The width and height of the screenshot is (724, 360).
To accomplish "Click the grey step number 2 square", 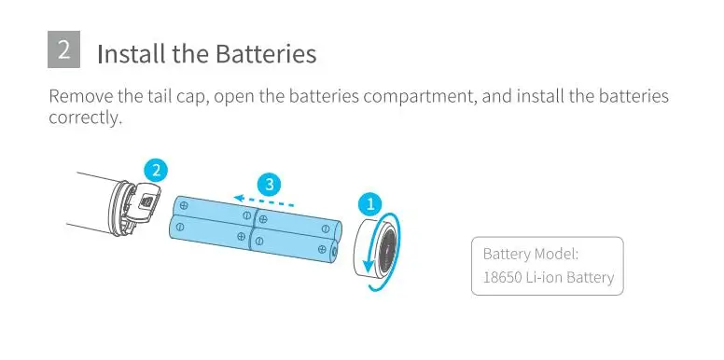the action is [63, 49].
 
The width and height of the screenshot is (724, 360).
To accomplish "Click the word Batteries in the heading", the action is [266, 54].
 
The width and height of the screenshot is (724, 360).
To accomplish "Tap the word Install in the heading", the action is [132, 54].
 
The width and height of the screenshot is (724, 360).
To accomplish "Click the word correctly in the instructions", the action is [84, 118].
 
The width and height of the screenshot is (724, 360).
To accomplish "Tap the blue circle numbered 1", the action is [369, 203].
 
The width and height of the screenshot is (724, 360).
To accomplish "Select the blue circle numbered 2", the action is [156, 171].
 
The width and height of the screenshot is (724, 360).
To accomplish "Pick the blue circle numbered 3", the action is [270, 185].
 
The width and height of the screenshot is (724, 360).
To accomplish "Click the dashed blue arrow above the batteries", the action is [264, 201].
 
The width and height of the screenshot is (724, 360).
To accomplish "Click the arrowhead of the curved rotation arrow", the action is [368, 267].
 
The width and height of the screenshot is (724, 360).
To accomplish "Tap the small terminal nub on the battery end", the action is [335, 253].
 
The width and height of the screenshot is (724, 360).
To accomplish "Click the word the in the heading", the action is [190, 54].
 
